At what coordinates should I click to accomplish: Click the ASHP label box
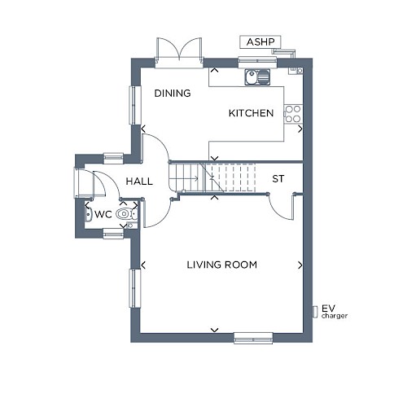tap(260, 42)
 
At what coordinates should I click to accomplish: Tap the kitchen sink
tap(257, 77)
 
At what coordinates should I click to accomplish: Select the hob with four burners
tap(293, 114)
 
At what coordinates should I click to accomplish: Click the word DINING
tap(173, 94)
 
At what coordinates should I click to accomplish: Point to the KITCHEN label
tap(251, 113)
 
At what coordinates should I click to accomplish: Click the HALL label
tap(139, 182)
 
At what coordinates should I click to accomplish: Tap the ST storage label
tap(278, 179)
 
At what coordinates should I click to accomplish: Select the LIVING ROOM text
tap(222, 265)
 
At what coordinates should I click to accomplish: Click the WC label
tap(103, 214)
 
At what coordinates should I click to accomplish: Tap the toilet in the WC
tap(127, 214)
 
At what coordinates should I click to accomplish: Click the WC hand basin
tap(88, 214)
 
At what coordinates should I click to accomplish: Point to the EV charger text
tap(335, 312)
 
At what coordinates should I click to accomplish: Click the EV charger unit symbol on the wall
tap(315, 312)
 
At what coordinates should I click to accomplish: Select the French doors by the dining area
tap(179, 52)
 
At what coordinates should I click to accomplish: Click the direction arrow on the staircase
tap(194, 178)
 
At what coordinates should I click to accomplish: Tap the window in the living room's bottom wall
tap(253, 338)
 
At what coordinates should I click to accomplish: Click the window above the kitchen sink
tap(257, 63)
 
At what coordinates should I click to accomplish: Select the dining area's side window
tap(135, 105)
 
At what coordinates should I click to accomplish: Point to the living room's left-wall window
tap(135, 288)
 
